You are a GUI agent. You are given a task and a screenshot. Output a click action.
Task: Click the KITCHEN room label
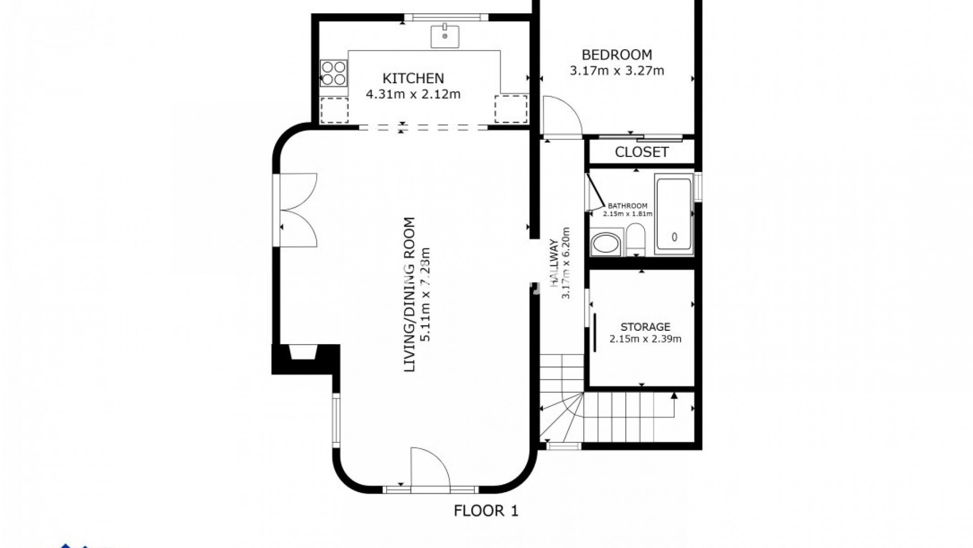413,78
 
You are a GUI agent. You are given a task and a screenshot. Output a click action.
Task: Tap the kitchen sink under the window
445,36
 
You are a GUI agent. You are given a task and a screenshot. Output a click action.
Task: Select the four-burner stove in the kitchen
333,73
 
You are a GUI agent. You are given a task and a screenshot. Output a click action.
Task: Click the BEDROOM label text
617,54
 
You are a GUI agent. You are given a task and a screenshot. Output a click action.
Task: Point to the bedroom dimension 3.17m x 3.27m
617,71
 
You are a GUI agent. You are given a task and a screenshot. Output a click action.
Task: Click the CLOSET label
642,152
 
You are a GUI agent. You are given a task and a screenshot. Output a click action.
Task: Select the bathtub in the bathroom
674,214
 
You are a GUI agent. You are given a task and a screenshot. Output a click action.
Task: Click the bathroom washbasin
606,244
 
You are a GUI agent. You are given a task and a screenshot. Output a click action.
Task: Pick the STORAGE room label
645,327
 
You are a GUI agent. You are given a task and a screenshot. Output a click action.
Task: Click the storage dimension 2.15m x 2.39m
645,339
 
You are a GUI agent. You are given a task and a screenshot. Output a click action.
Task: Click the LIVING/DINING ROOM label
409,294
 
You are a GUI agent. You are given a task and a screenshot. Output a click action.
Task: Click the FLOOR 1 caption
486,510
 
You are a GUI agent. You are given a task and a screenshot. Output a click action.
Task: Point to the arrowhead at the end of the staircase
674,395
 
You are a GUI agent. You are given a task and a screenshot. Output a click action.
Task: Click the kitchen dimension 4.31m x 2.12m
413,94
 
